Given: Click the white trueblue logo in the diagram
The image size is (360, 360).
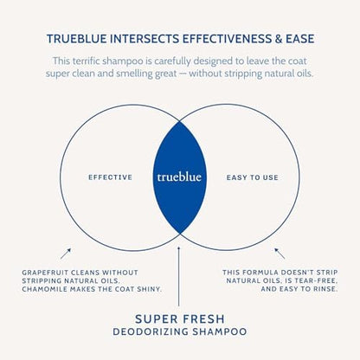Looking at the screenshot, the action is point(179,177).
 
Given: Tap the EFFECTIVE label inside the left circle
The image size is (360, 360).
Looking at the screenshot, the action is point(111,177).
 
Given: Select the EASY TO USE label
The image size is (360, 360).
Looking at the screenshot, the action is point(253,177).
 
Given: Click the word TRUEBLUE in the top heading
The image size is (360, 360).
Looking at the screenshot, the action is point(77,39).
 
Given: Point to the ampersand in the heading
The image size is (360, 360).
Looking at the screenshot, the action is point(279,39).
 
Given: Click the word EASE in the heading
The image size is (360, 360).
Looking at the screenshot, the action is point(300,39).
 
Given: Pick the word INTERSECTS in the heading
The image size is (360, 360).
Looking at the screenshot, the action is point(145,39).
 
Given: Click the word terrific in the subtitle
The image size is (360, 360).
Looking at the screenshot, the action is point(86,61).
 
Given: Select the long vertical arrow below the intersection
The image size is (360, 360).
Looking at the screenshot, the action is point(179,276).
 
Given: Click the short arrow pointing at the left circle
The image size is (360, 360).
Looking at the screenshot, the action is point(66,254).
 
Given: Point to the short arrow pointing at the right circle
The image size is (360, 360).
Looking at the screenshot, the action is point(280,254).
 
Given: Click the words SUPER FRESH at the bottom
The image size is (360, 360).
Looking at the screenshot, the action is point(180,319).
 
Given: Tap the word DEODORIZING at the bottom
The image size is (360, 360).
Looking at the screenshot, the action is point(151,331).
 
